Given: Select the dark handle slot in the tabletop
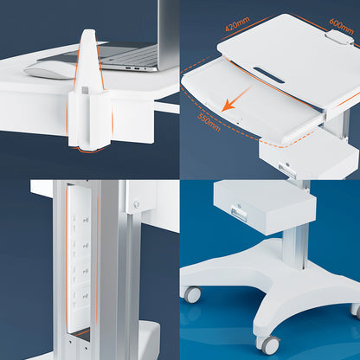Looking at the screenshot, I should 269,75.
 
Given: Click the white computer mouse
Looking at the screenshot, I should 48,69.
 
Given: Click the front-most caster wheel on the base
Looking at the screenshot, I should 268,344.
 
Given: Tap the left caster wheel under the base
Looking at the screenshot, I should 192,294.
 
